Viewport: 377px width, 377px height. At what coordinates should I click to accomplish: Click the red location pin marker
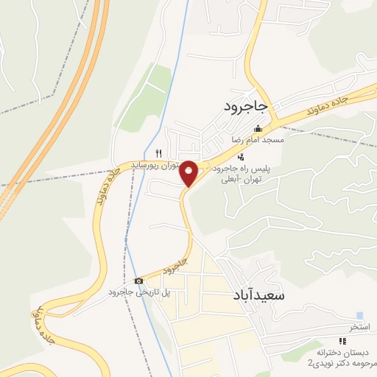(x=189, y=174)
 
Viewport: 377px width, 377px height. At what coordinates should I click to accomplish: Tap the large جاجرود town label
(x=249, y=107)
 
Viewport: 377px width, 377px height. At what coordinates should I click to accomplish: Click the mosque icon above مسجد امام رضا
(x=257, y=130)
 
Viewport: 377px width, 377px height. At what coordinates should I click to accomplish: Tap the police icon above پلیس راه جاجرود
(x=241, y=156)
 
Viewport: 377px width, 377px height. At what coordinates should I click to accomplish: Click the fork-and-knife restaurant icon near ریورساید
(x=158, y=152)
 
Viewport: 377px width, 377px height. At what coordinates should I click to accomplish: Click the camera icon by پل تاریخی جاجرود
(x=138, y=281)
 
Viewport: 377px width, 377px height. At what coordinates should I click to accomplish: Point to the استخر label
(x=359, y=325)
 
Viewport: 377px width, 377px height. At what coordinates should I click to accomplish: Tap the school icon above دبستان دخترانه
(x=341, y=341)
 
